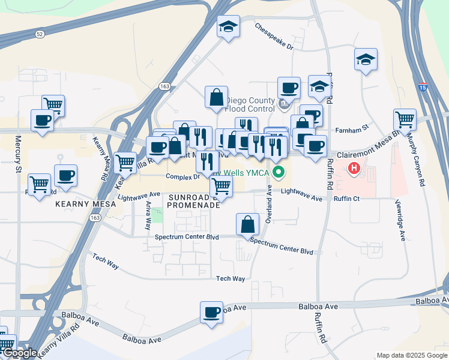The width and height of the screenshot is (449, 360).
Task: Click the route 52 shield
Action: click(x=39, y=34)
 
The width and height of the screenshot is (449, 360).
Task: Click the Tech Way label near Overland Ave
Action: click(x=231, y=278)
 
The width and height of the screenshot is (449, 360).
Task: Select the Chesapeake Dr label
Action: click(x=274, y=37)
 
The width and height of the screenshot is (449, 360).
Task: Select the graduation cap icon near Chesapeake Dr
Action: click(x=228, y=27)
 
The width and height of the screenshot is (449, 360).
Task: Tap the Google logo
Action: click(x=19, y=353)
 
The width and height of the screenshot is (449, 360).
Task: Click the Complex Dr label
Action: click(x=182, y=177)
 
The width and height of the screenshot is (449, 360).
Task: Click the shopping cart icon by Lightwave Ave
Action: click(x=221, y=187)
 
